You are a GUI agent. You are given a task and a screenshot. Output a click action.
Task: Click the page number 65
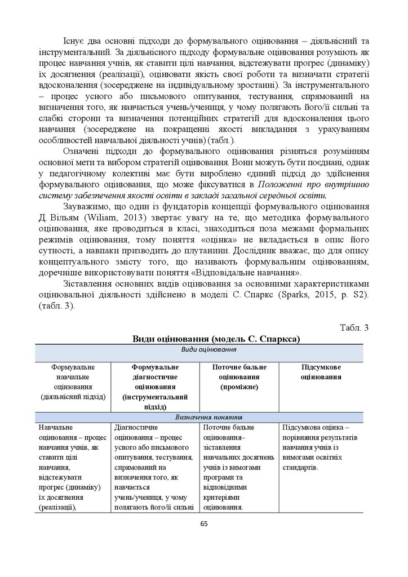point(204,523)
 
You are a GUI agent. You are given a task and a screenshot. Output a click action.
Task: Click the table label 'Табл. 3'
point(354,328)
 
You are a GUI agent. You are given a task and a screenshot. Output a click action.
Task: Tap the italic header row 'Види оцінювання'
point(204,350)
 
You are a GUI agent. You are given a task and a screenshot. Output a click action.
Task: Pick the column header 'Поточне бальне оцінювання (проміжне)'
point(239,377)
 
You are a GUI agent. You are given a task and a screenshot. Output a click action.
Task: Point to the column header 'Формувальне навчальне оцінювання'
point(73,381)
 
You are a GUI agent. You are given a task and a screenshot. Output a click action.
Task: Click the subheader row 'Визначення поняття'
point(204,418)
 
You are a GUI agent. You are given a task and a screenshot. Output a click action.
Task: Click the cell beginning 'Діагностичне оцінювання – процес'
point(154,467)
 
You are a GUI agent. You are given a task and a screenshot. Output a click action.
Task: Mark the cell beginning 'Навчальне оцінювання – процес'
point(73,467)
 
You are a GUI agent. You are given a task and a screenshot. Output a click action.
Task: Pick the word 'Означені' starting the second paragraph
point(81,152)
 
